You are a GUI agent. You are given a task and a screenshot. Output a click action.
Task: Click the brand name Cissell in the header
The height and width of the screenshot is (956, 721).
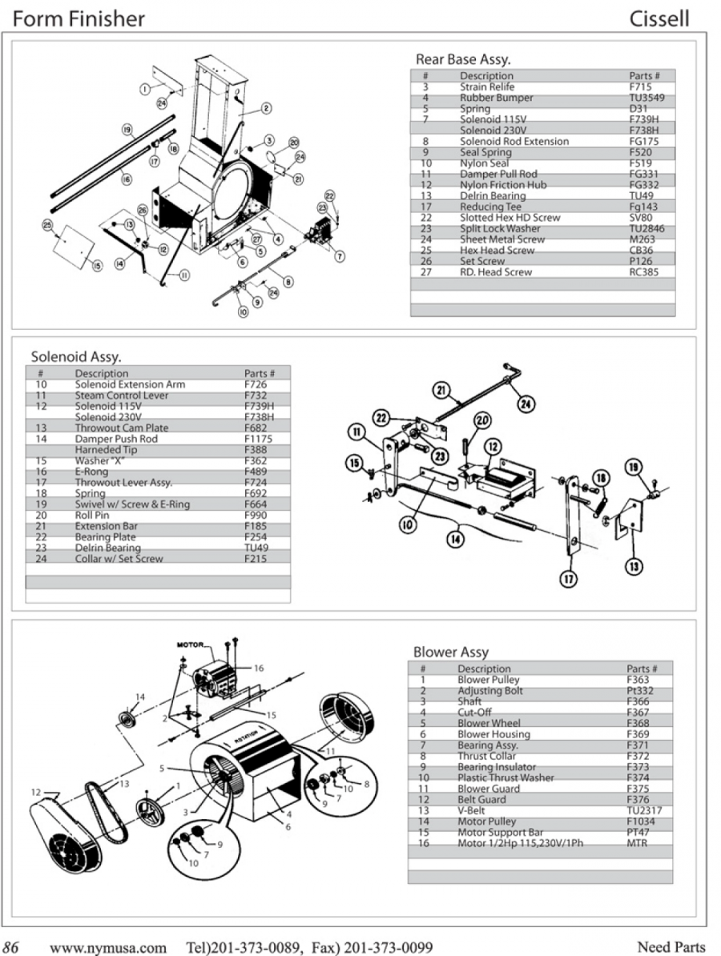click(659, 18)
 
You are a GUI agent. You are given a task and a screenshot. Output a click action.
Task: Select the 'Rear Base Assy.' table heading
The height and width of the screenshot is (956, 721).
click(462, 59)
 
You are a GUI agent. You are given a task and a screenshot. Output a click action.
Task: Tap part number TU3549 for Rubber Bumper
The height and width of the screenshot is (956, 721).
click(646, 98)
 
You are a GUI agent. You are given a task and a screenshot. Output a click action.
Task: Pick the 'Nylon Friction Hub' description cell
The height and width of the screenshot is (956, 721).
click(502, 185)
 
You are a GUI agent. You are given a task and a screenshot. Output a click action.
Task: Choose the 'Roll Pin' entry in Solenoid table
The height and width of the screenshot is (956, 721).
click(92, 516)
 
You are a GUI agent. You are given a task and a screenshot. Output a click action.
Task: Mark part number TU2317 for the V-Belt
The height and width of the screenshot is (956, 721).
click(642, 810)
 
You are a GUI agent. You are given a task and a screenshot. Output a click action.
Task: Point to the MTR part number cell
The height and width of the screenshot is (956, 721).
click(637, 843)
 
